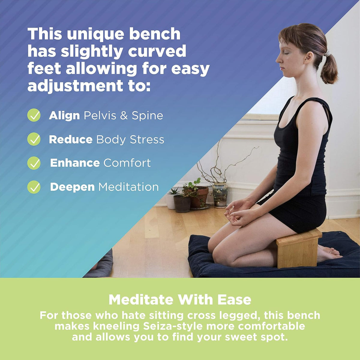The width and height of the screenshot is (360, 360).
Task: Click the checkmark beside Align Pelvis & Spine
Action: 34,115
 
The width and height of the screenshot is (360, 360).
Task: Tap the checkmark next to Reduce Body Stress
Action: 34,139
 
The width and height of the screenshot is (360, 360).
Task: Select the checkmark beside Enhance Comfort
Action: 34,163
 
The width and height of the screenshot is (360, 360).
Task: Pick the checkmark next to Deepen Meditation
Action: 34,187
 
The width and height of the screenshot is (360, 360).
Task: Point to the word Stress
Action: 147,139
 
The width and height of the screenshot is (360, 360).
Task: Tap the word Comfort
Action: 127,163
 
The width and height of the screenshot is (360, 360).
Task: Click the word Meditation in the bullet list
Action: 128,187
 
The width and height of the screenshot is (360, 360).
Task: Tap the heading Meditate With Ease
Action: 180,300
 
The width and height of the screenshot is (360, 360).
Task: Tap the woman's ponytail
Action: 329,68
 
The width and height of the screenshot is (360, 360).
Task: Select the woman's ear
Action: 308,58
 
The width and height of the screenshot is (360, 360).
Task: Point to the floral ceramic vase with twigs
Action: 220,195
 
